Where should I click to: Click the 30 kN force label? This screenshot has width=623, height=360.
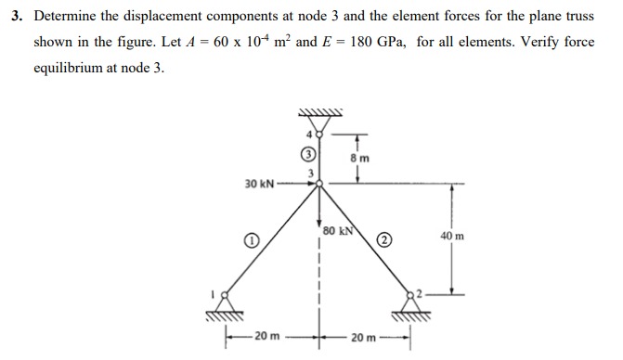[259, 183]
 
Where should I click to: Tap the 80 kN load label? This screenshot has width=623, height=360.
[331, 227]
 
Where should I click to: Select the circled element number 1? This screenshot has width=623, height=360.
[251, 241]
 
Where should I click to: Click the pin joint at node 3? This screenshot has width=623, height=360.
[319, 183]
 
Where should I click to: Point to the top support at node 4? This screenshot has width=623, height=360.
[318, 122]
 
